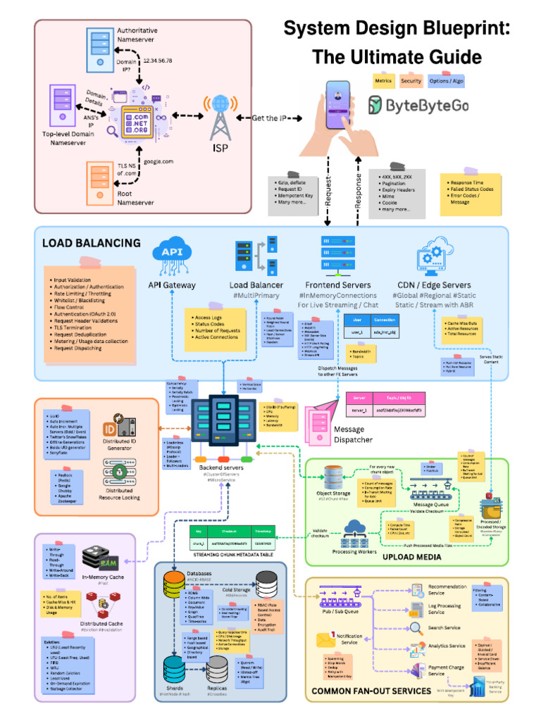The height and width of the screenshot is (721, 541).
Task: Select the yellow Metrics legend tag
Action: (x=383, y=81)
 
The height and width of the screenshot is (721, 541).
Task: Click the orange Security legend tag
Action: (x=411, y=81)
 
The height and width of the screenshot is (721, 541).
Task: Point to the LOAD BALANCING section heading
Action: (x=91, y=244)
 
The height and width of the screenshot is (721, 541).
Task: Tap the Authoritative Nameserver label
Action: (x=137, y=35)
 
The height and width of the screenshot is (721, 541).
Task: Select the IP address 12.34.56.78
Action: (x=157, y=61)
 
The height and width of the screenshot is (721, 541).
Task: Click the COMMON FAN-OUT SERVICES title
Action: (x=371, y=691)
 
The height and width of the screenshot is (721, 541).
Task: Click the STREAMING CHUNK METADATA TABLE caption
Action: (x=232, y=556)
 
